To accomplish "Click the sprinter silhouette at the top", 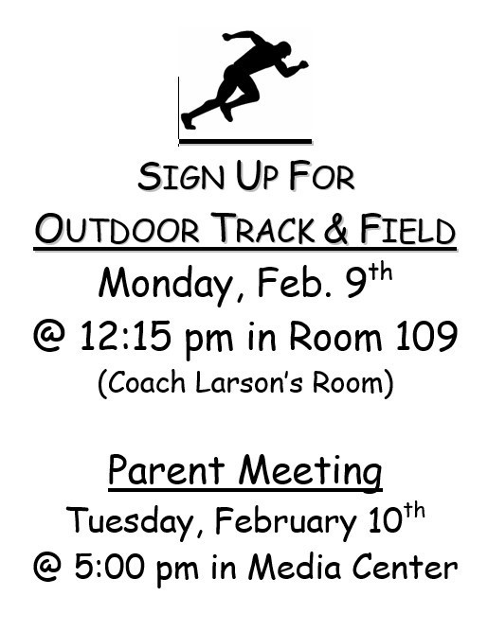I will tap(244, 80).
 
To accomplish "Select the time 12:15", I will tap(117, 336).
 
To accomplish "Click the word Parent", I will tap(165, 469).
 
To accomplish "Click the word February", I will tap(282, 520).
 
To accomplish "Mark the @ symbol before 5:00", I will tap(46, 570).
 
